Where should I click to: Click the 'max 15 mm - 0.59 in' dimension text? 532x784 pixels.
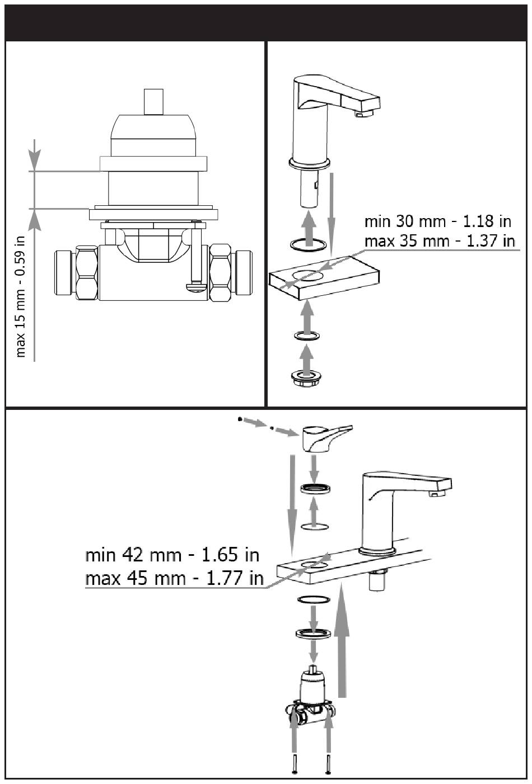point(21,296)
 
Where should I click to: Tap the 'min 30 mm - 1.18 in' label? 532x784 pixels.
point(438,221)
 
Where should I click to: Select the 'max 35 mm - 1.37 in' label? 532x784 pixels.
point(439,242)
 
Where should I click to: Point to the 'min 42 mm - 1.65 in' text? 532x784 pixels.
point(172,555)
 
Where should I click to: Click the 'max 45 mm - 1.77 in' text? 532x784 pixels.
point(174,578)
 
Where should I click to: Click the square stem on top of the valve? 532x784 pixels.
point(152,101)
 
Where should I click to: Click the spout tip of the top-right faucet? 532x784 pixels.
point(363,114)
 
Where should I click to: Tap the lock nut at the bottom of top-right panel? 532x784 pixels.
point(305,377)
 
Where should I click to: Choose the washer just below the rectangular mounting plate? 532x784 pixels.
point(306,336)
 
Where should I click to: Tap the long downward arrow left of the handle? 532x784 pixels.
point(292,498)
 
